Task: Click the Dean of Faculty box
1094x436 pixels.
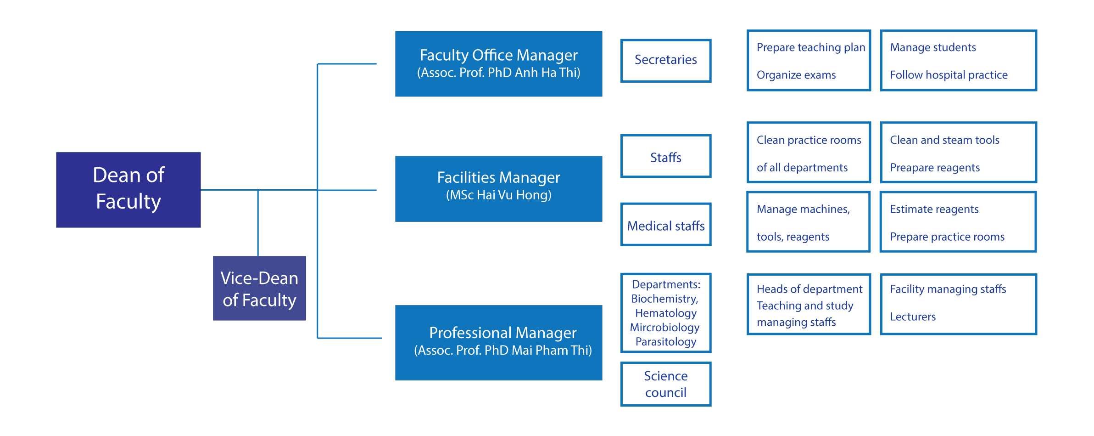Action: tap(128, 190)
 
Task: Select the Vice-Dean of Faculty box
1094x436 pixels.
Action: tap(259, 288)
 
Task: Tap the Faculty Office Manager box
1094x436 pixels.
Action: tap(498, 64)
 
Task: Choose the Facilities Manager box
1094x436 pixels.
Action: tap(498, 189)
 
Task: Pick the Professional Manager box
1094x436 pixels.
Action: tap(498, 343)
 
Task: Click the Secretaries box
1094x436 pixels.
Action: tap(666, 61)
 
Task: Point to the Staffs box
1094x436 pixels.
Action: tap(666, 156)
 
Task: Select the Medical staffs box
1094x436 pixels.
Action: tap(666, 225)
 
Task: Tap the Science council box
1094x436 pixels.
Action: tap(666, 384)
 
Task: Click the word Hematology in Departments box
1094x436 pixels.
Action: tap(666, 313)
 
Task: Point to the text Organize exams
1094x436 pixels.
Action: tap(796, 75)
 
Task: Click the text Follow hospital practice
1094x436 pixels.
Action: tap(949, 75)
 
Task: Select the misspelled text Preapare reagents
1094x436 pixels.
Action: tap(935, 168)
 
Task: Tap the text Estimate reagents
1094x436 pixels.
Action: tap(934, 210)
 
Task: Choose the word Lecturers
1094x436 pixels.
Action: tap(913, 317)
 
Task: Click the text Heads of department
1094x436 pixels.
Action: tap(809, 289)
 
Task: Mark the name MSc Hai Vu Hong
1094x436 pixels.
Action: tap(499, 195)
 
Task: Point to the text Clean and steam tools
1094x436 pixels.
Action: tap(944, 140)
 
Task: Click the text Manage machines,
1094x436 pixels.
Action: tap(803, 210)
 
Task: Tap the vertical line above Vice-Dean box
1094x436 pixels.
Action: tap(258, 223)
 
